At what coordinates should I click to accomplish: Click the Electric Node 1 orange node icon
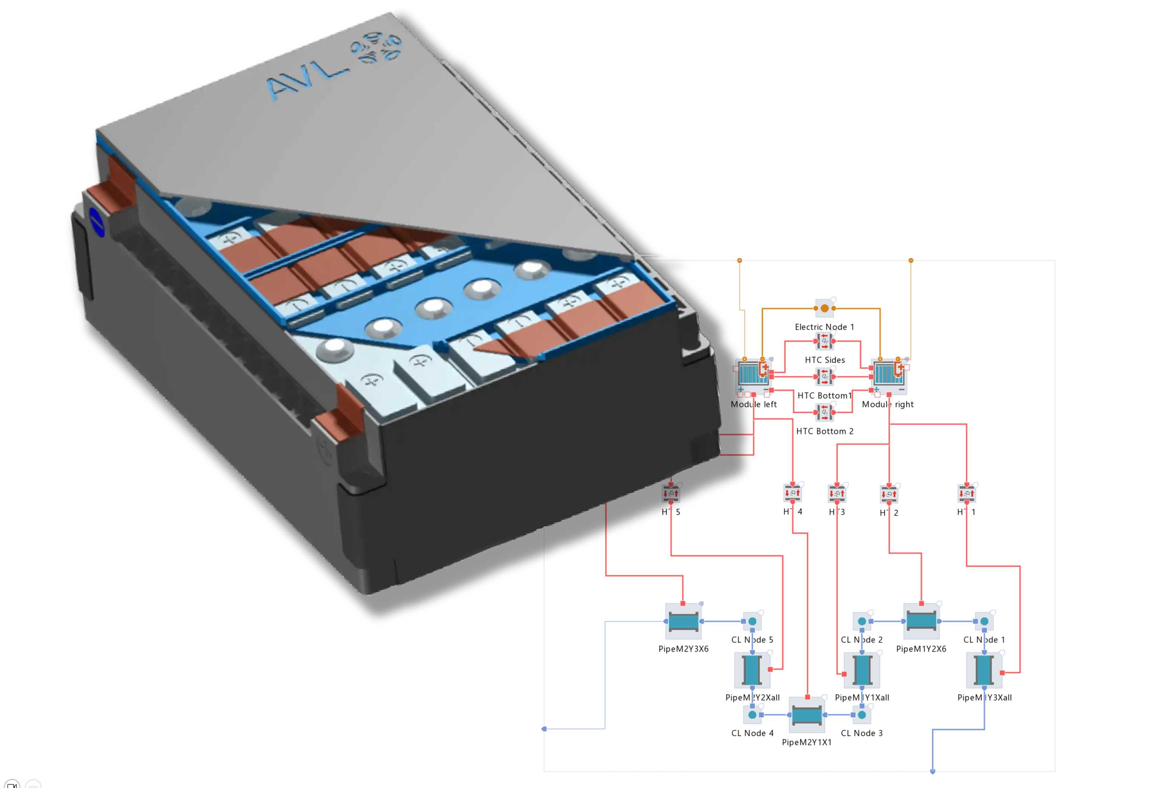click(x=824, y=308)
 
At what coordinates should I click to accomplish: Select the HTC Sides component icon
click(x=824, y=341)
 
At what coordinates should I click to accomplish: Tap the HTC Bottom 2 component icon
click(x=824, y=412)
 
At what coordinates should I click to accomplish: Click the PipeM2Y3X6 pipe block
click(x=683, y=621)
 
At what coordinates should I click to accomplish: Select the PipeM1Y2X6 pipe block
click(x=921, y=621)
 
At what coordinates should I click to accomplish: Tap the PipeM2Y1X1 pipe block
click(x=807, y=715)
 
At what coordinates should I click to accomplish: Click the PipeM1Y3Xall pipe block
click(x=984, y=670)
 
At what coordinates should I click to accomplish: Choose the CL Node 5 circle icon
click(x=753, y=621)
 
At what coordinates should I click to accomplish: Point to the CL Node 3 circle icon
click(x=862, y=715)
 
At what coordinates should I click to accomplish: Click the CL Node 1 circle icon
click(x=984, y=621)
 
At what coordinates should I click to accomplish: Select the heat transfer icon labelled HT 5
click(x=670, y=494)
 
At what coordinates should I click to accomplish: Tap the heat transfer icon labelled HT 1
click(x=967, y=494)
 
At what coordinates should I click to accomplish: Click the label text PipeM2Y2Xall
click(x=753, y=698)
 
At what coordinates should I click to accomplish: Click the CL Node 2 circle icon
click(x=862, y=621)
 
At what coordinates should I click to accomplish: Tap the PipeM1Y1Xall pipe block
click(x=862, y=670)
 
